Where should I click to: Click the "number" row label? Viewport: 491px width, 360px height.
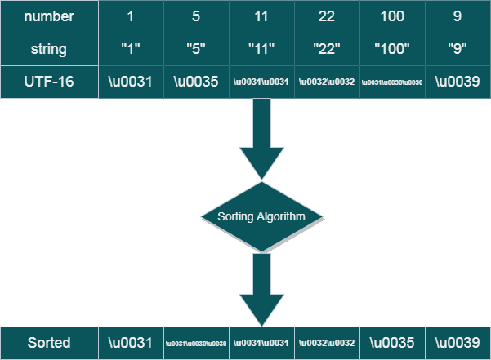(49, 16)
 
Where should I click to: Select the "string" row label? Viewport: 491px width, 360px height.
(49, 49)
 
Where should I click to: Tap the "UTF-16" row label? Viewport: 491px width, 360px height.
(49, 82)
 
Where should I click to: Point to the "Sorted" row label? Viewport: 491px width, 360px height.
(49, 343)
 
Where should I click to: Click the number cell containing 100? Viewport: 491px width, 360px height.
(392, 16)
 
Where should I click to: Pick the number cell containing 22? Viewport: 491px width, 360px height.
(327, 16)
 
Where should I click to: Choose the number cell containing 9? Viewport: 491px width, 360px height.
(458, 16)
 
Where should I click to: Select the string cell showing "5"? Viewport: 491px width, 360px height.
(196, 49)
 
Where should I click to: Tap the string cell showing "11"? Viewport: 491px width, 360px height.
(261, 49)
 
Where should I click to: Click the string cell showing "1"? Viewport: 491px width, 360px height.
(131, 49)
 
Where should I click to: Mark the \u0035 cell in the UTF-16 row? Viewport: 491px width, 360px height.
(196, 82)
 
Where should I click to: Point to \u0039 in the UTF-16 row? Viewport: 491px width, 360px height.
(458, 82)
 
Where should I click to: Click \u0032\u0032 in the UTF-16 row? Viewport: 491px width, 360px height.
(327, 82)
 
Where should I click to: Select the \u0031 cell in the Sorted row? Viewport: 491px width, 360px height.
(131, 343)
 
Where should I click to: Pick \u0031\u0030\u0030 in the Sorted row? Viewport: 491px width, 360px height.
(196, 343)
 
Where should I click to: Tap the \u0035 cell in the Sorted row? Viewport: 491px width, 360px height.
(392, 343)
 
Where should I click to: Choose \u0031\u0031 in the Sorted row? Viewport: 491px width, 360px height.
(261, 343)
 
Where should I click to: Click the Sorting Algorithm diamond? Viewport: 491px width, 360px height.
(261, 216)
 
